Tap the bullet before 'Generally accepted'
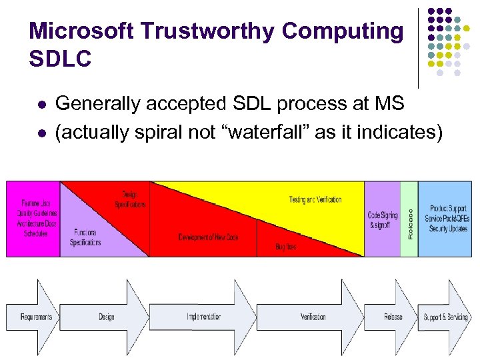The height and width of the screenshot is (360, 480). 41,104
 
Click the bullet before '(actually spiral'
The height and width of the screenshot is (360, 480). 41,133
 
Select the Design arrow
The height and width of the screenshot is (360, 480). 106,317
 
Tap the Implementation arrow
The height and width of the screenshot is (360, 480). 203,317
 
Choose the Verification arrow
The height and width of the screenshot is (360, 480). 313,317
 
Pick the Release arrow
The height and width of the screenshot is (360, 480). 393,317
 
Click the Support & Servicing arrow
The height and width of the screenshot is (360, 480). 445,317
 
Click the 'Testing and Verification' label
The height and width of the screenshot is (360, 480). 315,199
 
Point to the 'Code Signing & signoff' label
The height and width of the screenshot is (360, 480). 383,220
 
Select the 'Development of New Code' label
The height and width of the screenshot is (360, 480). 208,237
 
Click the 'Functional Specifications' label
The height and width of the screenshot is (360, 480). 85,237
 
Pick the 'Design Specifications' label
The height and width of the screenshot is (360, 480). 129,199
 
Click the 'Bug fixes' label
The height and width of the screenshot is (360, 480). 285,247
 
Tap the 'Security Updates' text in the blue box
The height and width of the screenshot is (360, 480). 449,229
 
